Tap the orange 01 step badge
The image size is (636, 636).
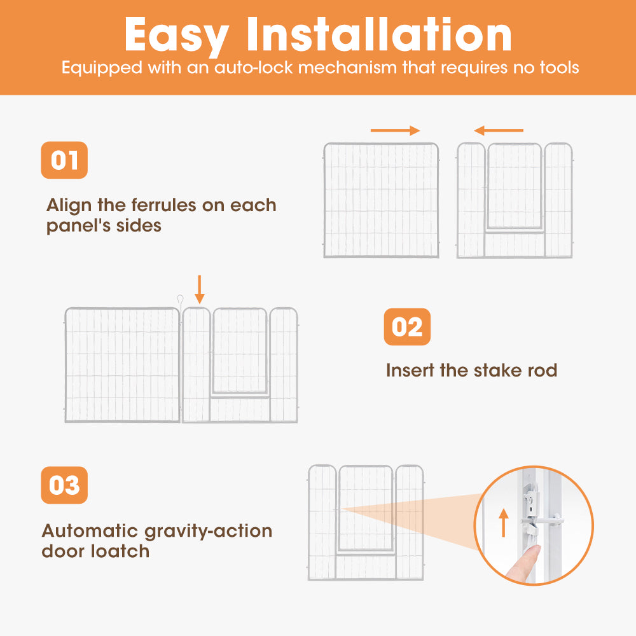tap(64, 160)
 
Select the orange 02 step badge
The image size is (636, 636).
tap(407, 327)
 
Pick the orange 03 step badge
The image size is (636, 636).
tap(64, 485)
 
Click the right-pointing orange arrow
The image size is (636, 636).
tap(395, 131)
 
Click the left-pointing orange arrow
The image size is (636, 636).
tap(499, 131)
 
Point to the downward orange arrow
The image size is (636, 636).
tap(200, 289)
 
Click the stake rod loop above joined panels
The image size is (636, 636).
tap(181, 300)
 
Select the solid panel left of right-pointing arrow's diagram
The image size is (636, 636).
tap(381, 200)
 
